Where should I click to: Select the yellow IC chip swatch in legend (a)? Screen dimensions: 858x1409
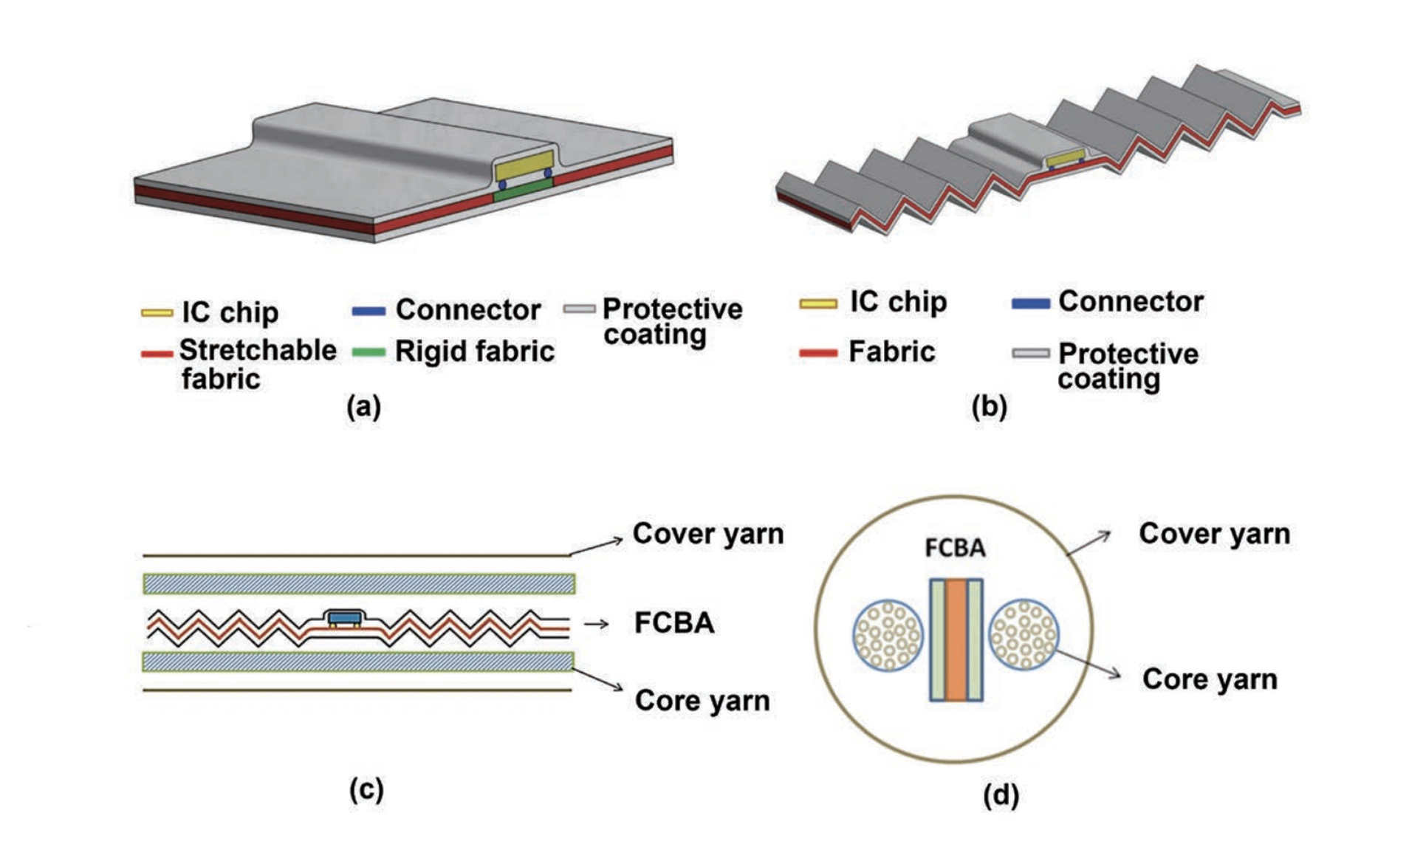[x=157, y=312]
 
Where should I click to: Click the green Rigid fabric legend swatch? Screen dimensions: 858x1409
[x=368, y=352]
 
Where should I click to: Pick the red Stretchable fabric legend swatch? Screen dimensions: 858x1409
[x=157, y=354]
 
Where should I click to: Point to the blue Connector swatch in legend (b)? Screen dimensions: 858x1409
[x=1030, y=303]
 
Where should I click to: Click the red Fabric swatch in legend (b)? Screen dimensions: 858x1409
[x=817, y=353]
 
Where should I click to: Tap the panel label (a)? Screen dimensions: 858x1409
[x=363, y=406]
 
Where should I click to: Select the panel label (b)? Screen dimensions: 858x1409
[x=989, y=406]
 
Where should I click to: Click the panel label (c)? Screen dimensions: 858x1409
[x=366, y=789]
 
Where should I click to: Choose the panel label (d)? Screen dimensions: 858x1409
[x=1001, y=794]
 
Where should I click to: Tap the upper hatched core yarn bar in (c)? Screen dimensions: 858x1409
[x=359, y=584]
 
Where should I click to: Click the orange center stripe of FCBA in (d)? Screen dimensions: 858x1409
[x=956, y=639]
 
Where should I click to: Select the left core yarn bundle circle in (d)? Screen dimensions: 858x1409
[x=888, y=635]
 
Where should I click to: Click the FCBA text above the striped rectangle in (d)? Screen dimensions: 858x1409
[x=955, y=548]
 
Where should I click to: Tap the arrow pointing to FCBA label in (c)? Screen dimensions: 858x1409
[x=596, y=624]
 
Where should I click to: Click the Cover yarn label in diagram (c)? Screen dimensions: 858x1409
[x=707, y=534]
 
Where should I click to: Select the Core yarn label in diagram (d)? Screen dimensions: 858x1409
[x=1209, y=679]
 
